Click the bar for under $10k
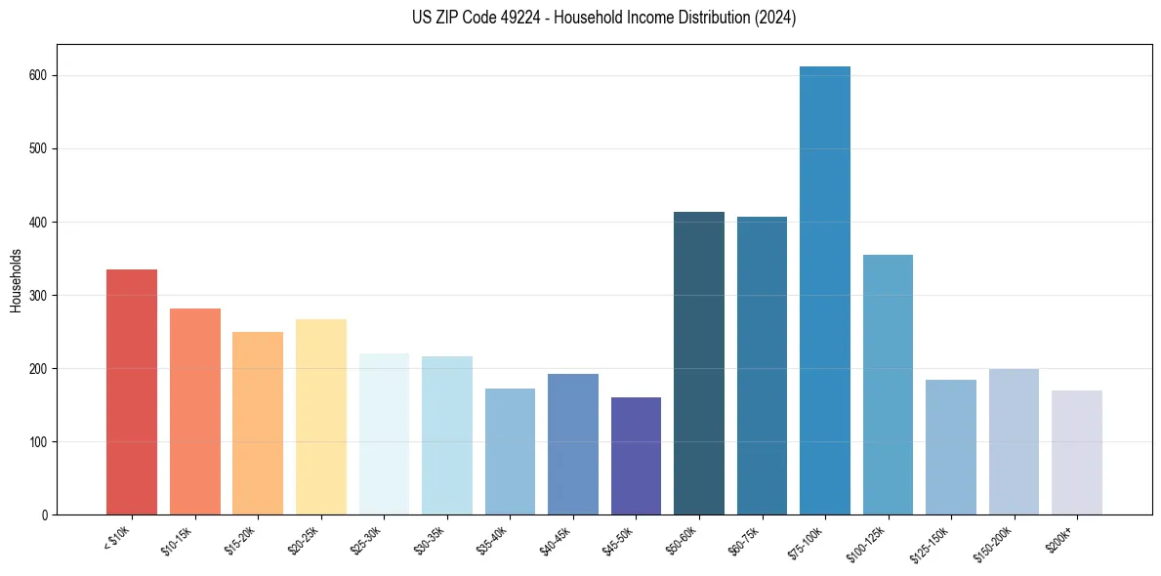coord(132,391)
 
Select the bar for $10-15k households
coord(195,411)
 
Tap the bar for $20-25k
coord(320,417)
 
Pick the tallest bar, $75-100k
coord(824,290)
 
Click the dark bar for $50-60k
coord(699,363)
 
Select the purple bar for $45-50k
coord(636,456)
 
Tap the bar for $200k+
coord(1076,452)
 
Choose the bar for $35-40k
coord(510,451)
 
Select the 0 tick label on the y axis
coord(45,515)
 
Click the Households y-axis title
coord(16,279)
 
